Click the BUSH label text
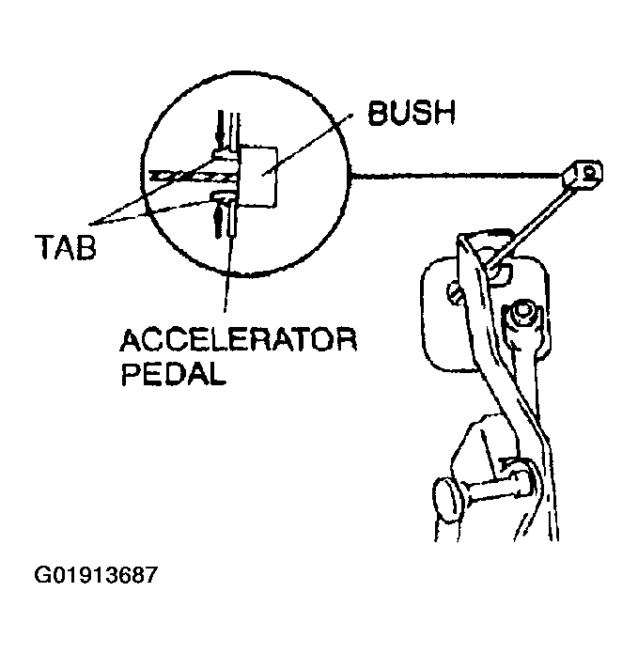[x=412, y=113]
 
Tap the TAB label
[x=67, y=246]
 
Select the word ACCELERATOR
[x=238, y=340]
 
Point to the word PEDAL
[x=173, y=373]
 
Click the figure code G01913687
[x=96, y=575]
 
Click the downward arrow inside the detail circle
[x=221, y=128]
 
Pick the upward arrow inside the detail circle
[x=218, y=221]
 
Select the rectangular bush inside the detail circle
[x=258, y=177]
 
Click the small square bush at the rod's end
[x=583, y=175]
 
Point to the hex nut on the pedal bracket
[x=521, y=314]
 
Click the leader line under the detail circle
[x=227, y=273]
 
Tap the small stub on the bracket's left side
[x=455, y=292]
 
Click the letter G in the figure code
[x=40, y=575]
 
